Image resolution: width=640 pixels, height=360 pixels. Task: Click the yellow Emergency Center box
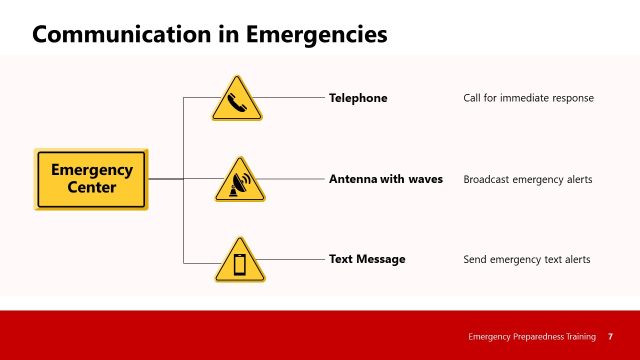click(x=91, y=179)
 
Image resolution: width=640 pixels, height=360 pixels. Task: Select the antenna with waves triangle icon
click(x=240, y=182)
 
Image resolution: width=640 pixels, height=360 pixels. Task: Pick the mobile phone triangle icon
click(x=240, y=262)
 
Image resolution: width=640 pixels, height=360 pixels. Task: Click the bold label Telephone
click(x=358, y=98)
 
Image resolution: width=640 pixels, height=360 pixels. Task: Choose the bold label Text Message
click(x=367, y=259)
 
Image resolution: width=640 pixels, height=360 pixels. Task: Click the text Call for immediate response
click(x=528, y=98)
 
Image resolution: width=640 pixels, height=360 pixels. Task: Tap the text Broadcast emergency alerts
click(x=528, y=179)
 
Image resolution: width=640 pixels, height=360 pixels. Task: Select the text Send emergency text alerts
click(x=527, y=259)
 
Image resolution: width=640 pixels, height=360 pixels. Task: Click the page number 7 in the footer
click(x=610, y=336)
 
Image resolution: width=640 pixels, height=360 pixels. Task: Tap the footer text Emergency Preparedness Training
click(x=532, y=336)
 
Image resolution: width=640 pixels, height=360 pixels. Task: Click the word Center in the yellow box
click(x=91, y=188)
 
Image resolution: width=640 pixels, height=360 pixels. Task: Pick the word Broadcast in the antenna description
click(x=487, y=179)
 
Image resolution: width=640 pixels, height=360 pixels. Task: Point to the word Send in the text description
click(x=475, y=259)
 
